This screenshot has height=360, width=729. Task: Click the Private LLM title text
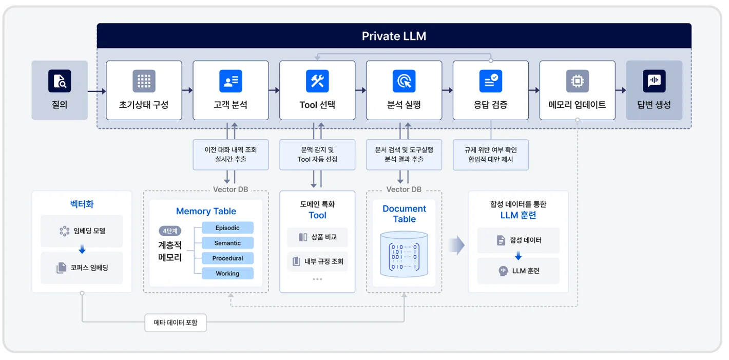pos(394,36)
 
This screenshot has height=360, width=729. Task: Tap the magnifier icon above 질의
pos(60,81)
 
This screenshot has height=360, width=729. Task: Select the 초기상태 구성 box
pos(144,90)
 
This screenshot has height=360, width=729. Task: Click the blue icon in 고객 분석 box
pos(231,81)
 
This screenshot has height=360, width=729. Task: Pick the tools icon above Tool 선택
pos(317,81)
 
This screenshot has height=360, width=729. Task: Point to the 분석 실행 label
pos(404,105)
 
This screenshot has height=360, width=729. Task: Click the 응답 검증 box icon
pos(491,81)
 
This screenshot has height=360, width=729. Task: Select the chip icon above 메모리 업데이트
pos(578,81)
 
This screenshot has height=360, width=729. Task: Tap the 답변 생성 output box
pos(654,90)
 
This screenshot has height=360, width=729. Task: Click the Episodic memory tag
pos(227,228)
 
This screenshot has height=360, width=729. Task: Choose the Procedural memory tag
pos(227,258)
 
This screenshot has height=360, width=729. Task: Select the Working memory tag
pos(227,274)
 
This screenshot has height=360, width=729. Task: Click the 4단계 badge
pos(170,231)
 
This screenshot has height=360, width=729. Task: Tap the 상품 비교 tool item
pos(317,237)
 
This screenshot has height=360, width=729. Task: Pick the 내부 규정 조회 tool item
pos(317,261)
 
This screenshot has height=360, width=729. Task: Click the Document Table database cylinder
pos(404,254)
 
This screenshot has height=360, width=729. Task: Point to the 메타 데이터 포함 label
pos(176,323)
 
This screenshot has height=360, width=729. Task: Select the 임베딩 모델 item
pos(82,231)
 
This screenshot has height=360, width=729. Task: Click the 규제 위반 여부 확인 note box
pos(491,155)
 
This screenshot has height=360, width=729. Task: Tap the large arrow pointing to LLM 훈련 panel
pos(456,246)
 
